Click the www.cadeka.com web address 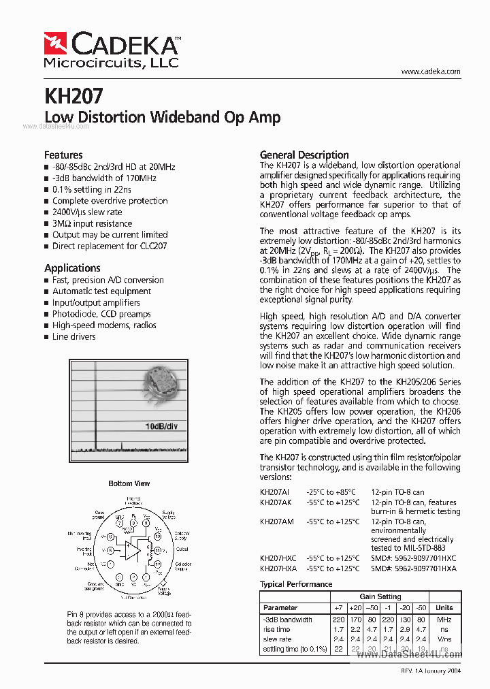coord(431,71)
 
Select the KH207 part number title coord(73,96)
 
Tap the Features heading coord(63,155)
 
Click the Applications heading coord(72,268)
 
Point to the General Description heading coord(304,155)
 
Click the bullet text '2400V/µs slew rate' coord(87,212)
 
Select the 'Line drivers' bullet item coord(73,337)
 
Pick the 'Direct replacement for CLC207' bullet coord(110,246)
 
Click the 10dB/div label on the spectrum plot coord(161,427)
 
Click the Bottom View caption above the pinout coord(129,483)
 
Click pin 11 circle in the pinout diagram coord(158,549)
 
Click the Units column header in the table coord(444,608)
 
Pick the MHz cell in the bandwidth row coord(444,620)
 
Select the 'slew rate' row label coord(277,639)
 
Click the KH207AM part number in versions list coord(278,522)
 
